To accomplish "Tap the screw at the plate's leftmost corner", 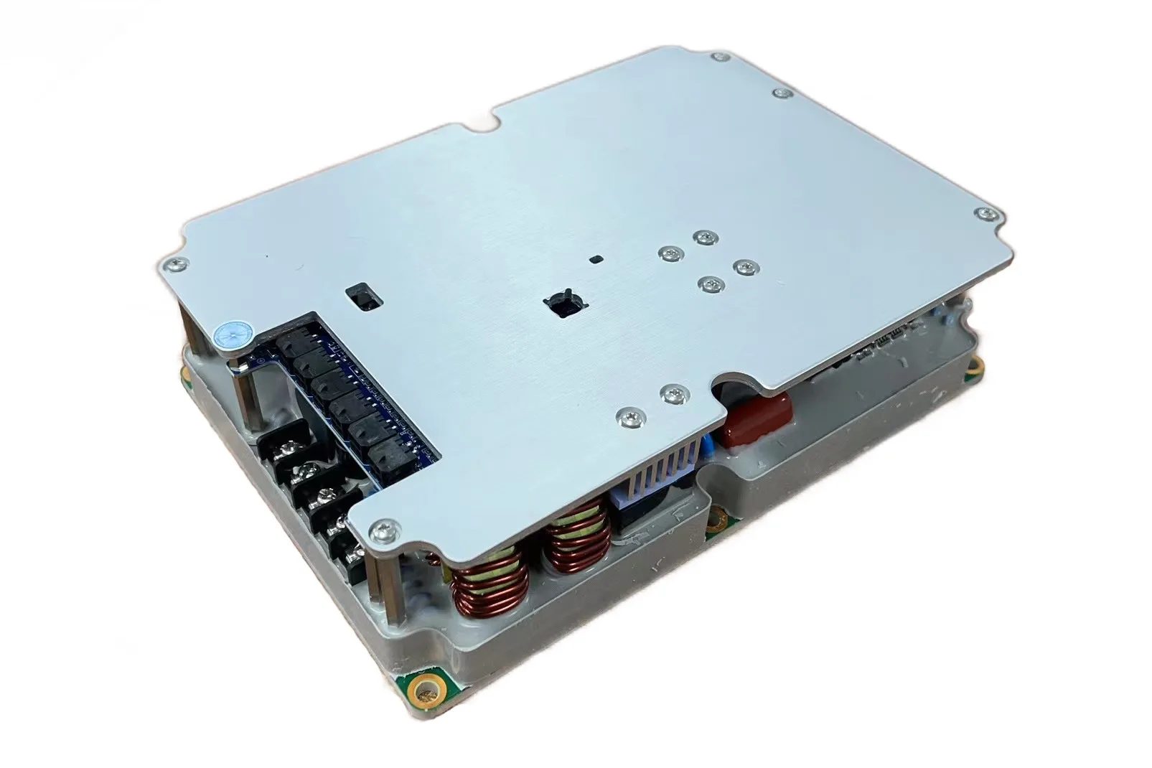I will coord(174,266).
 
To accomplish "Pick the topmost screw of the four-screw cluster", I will coord(707,237).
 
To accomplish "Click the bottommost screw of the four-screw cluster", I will coord(709,286).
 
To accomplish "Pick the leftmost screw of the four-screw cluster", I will coord(669,253).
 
